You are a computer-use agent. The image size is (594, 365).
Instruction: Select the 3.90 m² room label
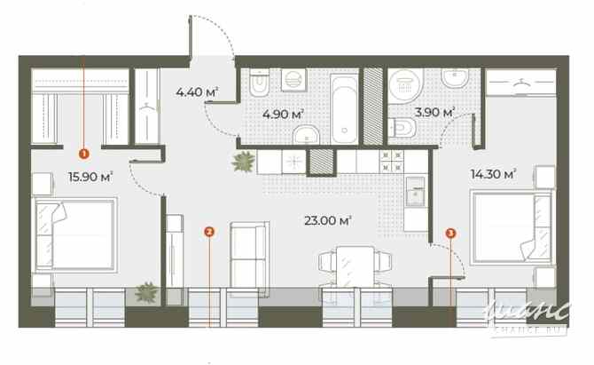[434, 113]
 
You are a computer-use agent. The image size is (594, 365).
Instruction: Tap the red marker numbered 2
[208, 232]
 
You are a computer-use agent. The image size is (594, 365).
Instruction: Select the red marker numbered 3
[451, 233]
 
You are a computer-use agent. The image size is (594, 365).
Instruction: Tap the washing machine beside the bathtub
[293, 81]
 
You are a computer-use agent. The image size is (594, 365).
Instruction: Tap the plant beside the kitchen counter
[242, 162]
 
